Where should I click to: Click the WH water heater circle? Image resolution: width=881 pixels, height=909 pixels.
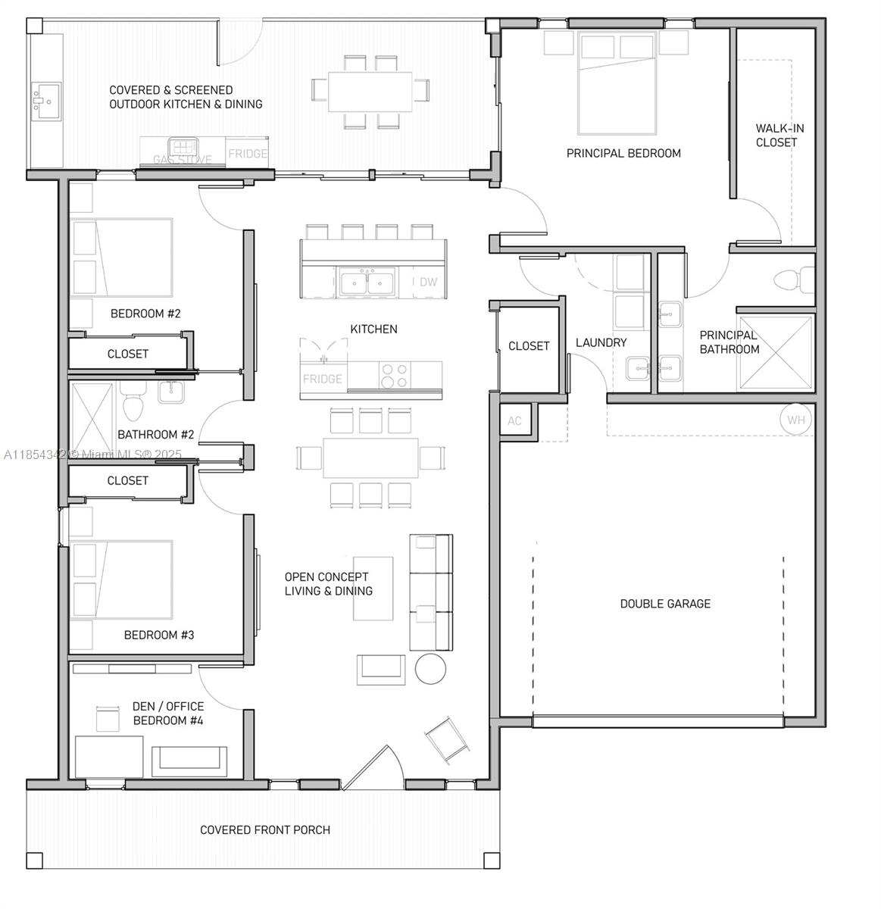[x=795, y=420]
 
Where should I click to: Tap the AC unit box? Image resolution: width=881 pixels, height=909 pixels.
[x=514, y=421]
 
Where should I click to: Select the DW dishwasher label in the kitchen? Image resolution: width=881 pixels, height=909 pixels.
[x=428, y=282]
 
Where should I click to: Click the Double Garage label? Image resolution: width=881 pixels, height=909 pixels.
[x=665, y=604]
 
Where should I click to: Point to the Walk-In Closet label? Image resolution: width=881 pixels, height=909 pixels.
[x=779, y=136]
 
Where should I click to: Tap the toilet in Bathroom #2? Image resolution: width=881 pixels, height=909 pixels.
[x=133, y=405]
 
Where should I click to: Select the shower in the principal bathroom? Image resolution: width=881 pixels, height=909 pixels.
[x=775, y=354]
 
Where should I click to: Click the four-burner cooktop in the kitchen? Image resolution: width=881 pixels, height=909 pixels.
[x=393, y=376]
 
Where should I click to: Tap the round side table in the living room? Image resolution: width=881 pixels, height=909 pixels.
[x=431, y=669]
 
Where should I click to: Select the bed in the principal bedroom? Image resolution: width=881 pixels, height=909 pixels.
[x=616, y=83]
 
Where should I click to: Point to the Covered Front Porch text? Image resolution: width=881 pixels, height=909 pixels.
[x=265, y=830]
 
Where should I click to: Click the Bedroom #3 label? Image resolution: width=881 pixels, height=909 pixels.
[x=159, y=635]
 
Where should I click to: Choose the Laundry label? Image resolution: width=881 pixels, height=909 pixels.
[x=601, y=342]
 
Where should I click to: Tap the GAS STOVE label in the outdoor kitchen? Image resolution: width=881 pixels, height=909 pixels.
[x=183, y=160]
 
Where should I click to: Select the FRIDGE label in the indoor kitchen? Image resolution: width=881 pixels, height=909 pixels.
[x=322, y=379]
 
